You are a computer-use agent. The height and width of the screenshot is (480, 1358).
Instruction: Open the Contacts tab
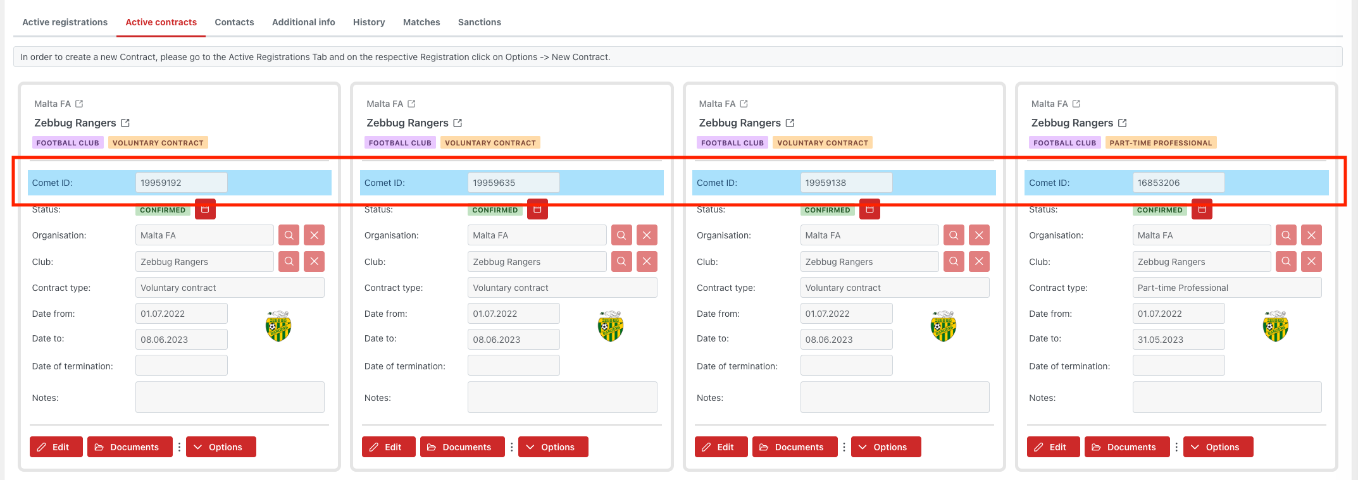tap(234, 22)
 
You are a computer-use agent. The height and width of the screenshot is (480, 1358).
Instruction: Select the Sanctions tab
tap(479, 22)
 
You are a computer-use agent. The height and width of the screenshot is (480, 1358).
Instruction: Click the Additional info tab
tap(303, 22)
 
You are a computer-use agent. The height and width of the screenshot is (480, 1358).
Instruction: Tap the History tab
tap(369, 22)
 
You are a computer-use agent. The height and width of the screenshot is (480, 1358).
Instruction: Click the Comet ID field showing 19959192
tap(181, 183)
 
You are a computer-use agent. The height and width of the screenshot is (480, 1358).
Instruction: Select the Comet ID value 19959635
tap(513, 183)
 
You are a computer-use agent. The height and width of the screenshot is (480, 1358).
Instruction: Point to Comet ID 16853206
tap(1178, 183)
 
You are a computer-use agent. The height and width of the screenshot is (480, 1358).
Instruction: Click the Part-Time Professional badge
tap(1160, 143)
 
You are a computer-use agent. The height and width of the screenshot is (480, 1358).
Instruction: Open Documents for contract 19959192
tap(130, 447)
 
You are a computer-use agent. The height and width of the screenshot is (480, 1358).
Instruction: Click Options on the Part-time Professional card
tap(1218, 447)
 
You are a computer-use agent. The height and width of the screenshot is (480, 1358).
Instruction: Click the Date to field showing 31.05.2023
tap(1178, 340)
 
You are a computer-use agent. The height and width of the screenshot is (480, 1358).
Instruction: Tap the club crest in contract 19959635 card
tap(611, 326)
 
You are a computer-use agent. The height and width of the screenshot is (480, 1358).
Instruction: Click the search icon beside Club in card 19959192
tap(289, 262)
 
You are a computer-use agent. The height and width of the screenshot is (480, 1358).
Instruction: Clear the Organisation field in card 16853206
tap(1311, 235)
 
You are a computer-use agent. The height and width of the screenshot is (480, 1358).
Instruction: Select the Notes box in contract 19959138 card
tap(894, 397)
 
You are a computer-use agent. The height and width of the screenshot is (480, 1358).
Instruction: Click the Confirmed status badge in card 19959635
tap(495, 210)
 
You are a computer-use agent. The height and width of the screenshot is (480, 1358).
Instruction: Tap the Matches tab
tap(421, 22)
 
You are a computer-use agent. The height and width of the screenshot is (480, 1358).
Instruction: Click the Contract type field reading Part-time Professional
tap(1226, 288)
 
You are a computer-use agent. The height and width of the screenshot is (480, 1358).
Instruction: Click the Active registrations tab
tap(65, 22)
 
